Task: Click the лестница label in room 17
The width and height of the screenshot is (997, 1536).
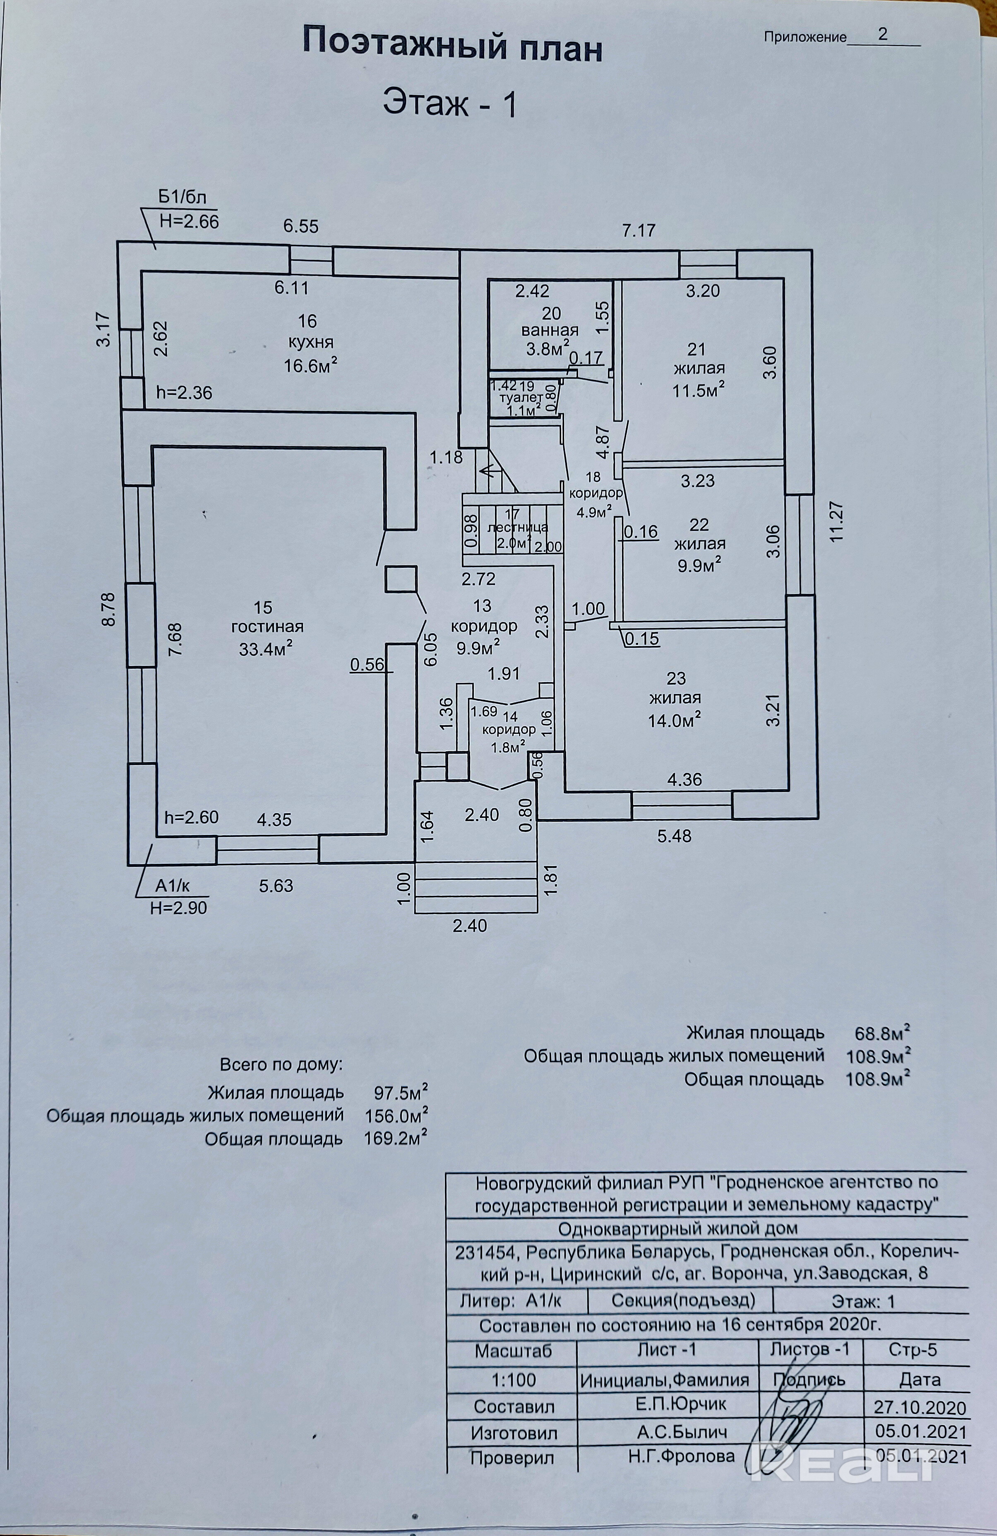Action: (x=517, y=527)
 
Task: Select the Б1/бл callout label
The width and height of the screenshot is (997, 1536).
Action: (x=183, y=197)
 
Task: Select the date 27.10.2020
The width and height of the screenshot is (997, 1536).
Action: (x=920, y=1408)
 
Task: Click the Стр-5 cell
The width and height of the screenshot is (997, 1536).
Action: (x=913, y=1350)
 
